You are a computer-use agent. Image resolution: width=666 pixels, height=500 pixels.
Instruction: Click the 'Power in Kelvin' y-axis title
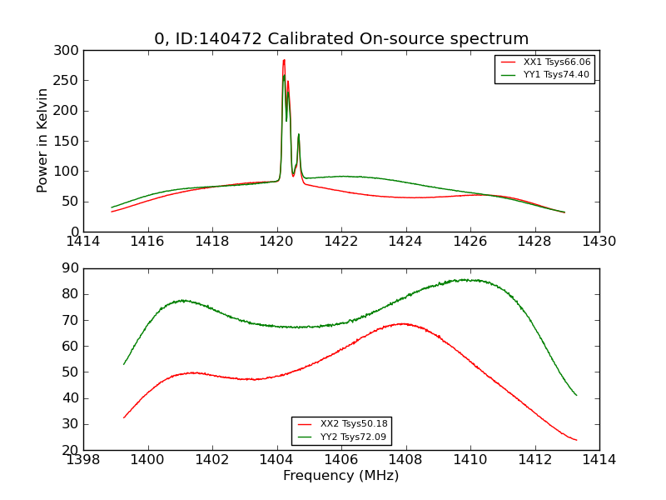click(43, 140)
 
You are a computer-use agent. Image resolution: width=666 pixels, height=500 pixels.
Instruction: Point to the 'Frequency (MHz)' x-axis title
click(341, 476)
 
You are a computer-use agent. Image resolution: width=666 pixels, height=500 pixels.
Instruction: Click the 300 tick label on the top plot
click(69, 51)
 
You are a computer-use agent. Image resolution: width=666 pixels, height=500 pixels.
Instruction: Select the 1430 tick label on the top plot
click(599, 242)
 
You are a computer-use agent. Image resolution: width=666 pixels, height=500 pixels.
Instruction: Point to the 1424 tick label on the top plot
click(405, 242)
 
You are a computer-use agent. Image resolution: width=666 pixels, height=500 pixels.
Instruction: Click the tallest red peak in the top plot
click(284, 60)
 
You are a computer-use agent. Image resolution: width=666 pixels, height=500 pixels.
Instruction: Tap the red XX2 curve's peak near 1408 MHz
click(403, 323)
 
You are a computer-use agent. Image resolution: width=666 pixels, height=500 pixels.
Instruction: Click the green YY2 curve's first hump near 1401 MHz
click(182, 300)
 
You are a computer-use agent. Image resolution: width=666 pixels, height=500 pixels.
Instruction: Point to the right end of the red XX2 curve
click(576, 440)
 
